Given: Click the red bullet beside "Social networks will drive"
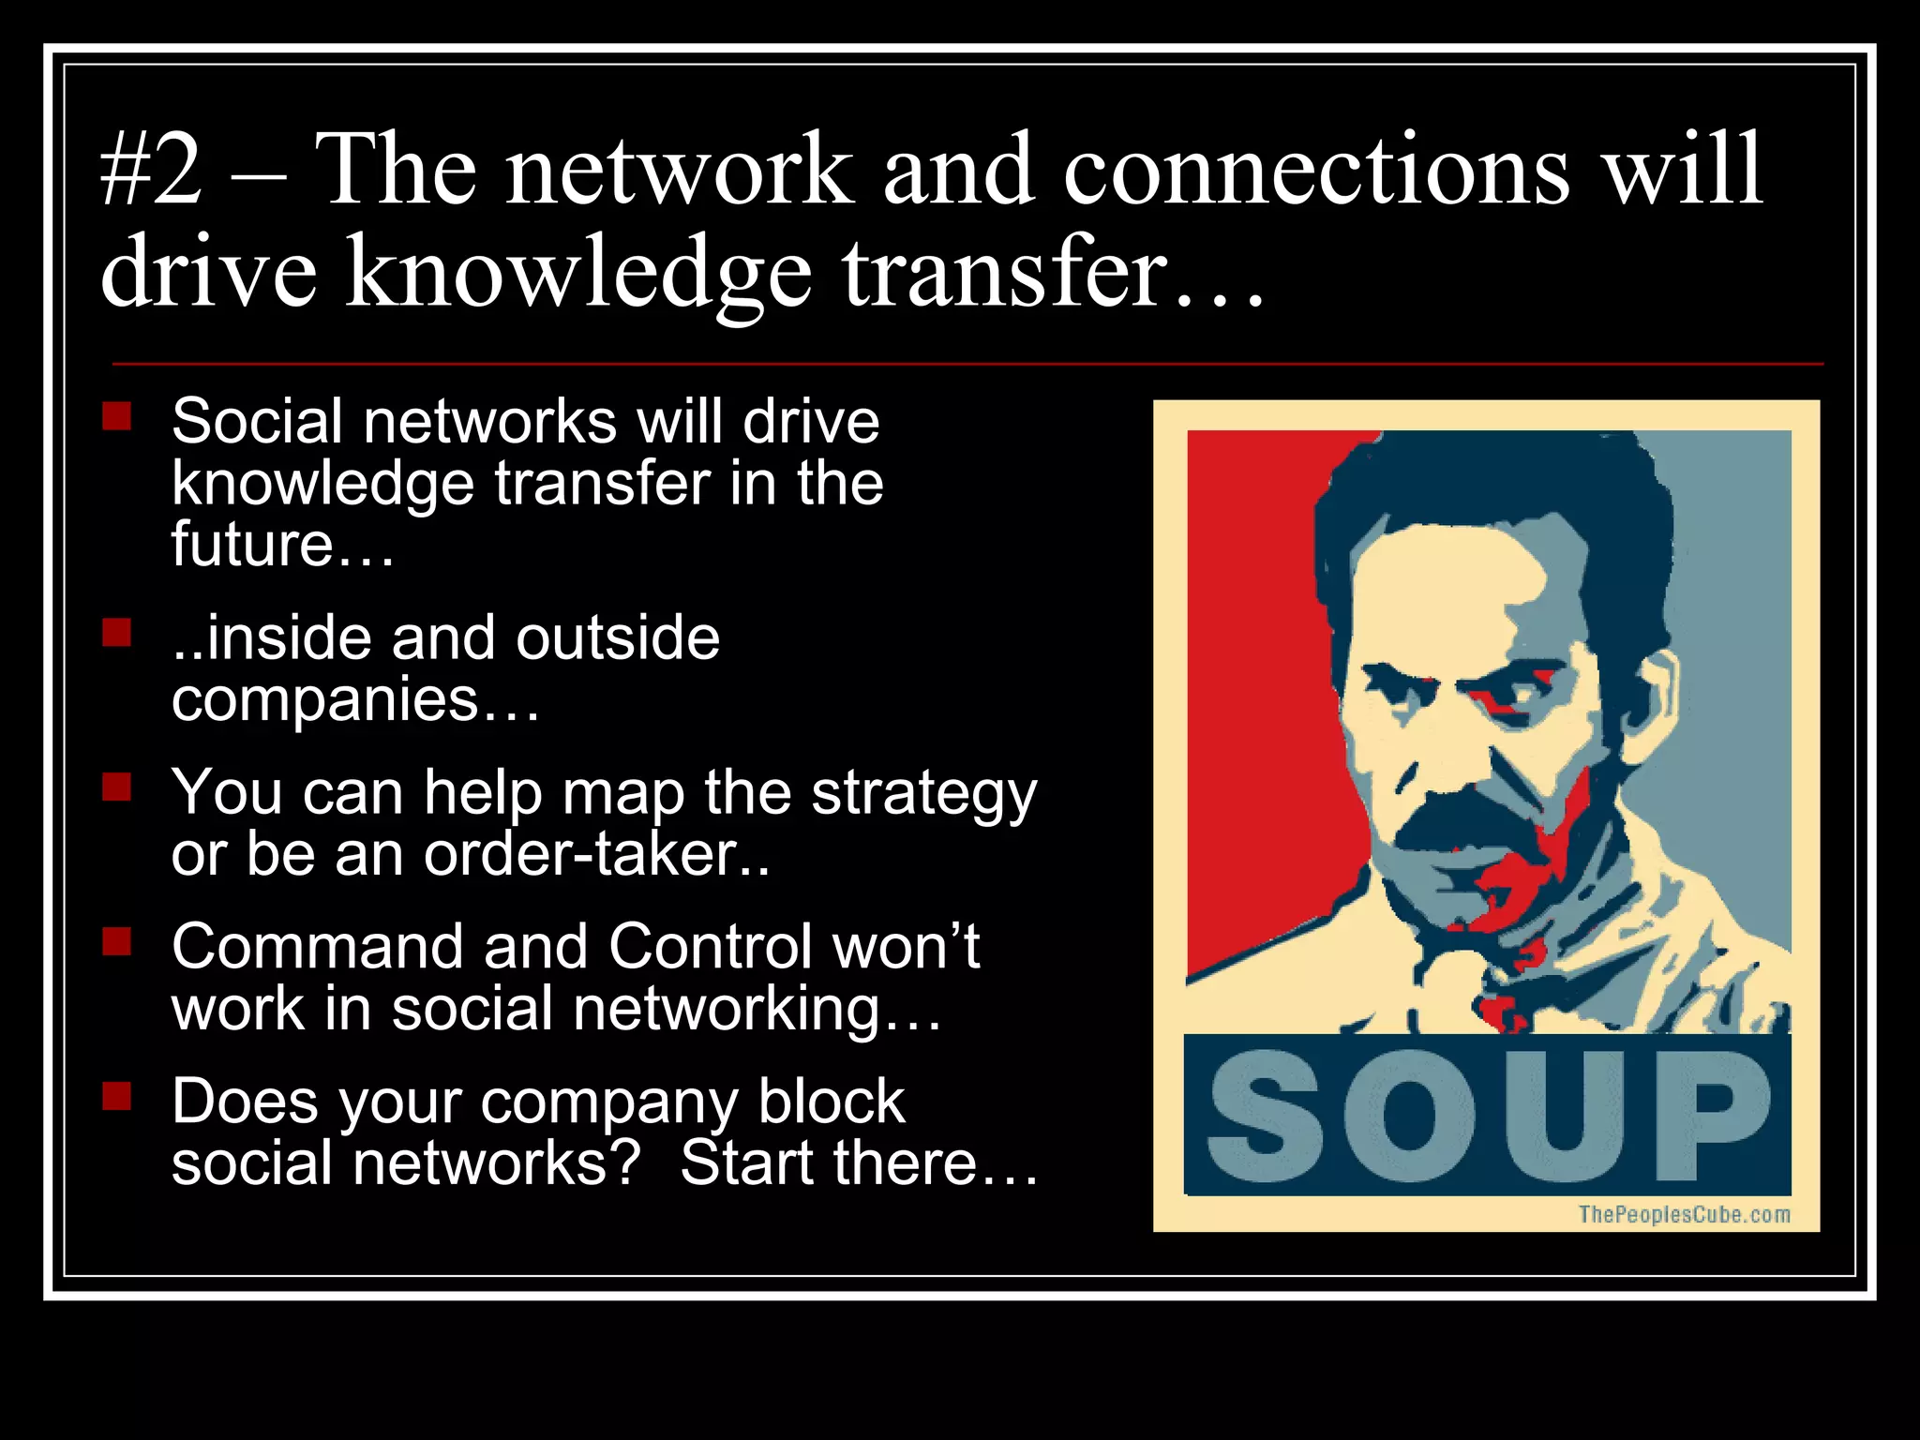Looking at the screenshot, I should click(x=117, y=415).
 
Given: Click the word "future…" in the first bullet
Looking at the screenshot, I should click(x=281, y=545).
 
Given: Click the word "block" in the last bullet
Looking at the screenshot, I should click(x=831, y=1101).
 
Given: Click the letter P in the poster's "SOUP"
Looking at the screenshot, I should click(x=1710, y=1116).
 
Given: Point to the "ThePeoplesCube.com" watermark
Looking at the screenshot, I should click(x=1684, y=1215).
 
